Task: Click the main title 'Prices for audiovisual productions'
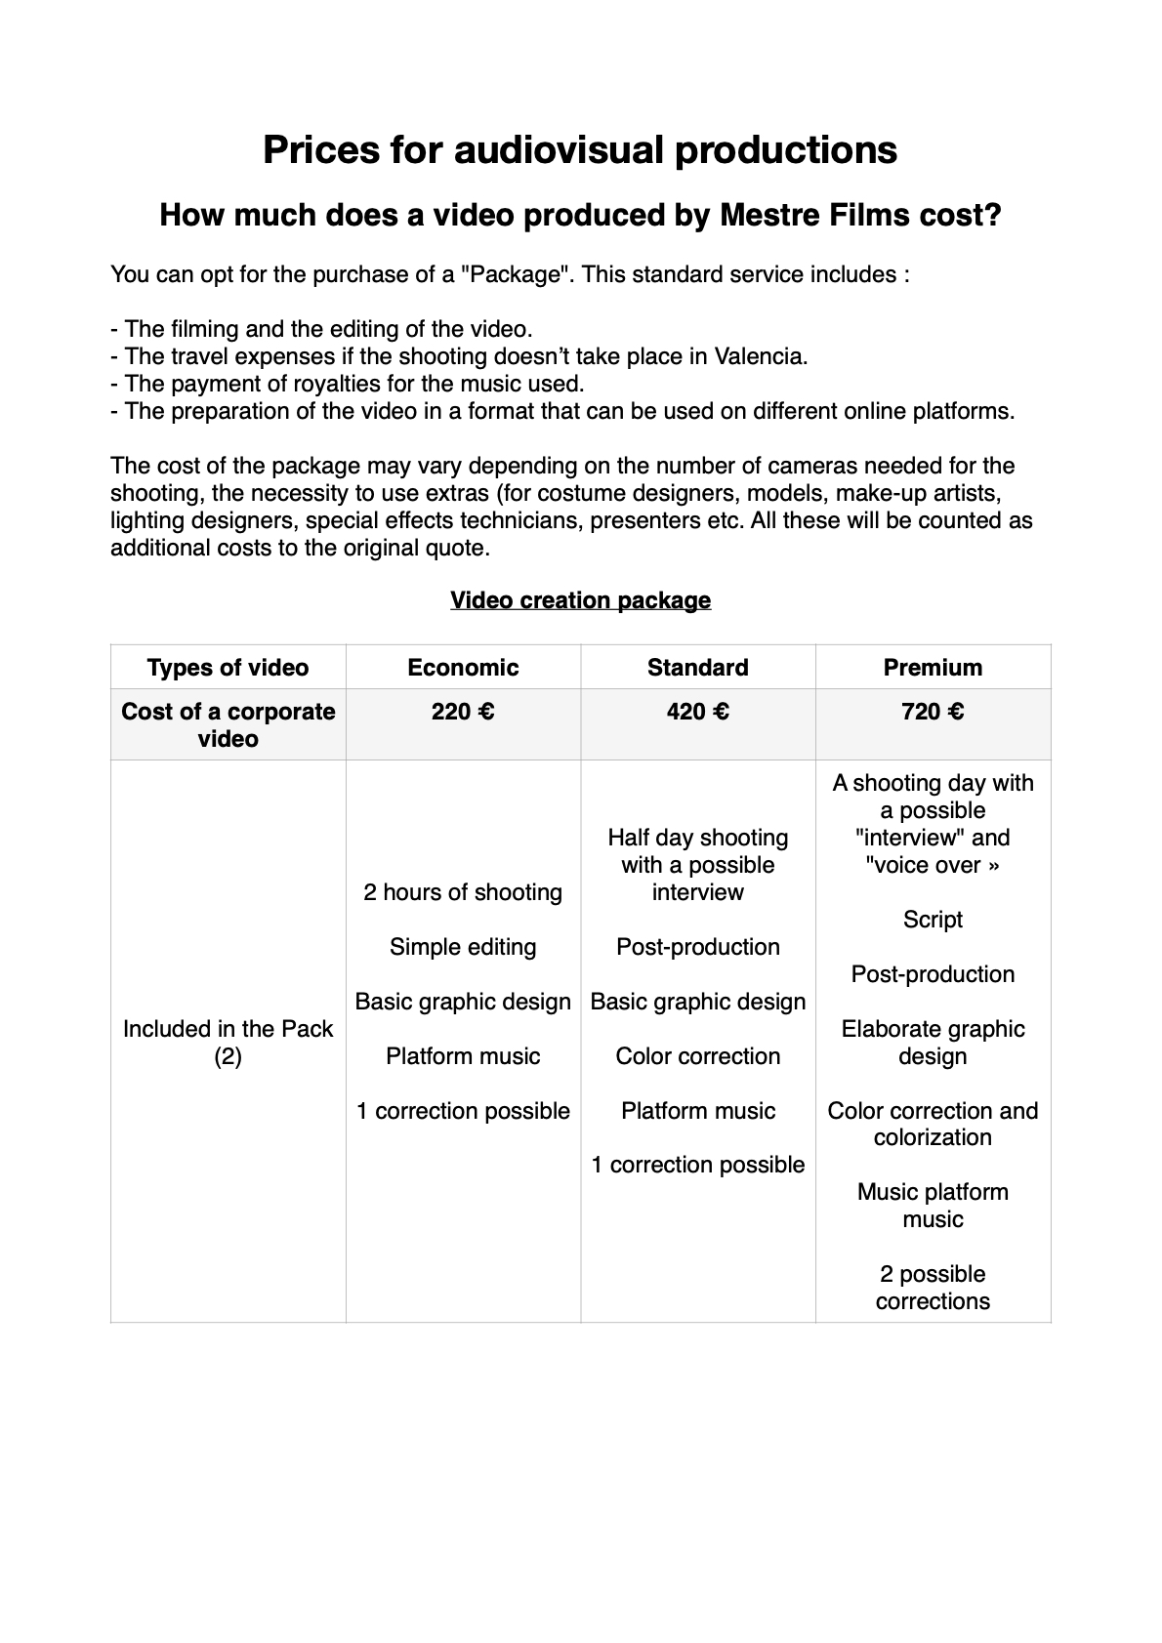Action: (x=580, y=149)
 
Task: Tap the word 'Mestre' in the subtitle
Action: (x=763, y=215)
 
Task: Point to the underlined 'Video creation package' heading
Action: (x=580, y=600)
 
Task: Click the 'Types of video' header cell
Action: (x=228, y=668)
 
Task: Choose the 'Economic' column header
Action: (x=463, y=668)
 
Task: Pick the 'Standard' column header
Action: (x=697, y=668)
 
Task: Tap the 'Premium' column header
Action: (x=933, y=668)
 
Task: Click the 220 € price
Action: (x=463, y=712)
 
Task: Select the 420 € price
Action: (x=697, y=712)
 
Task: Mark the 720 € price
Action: (x=933, y=712)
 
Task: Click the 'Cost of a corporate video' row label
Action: (x=228, y=725)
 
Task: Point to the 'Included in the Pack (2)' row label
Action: (x=228, y=1043)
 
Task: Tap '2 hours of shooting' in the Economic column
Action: (x=463, y=892)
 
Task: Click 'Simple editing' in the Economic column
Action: (x=463, y=947)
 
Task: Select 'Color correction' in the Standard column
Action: (x=697, y=1056)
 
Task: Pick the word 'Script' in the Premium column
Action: (x=933, y=920)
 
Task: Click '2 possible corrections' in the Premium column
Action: (x=933, y=1288)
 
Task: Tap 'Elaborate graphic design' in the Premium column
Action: (x=933, y=1043)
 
